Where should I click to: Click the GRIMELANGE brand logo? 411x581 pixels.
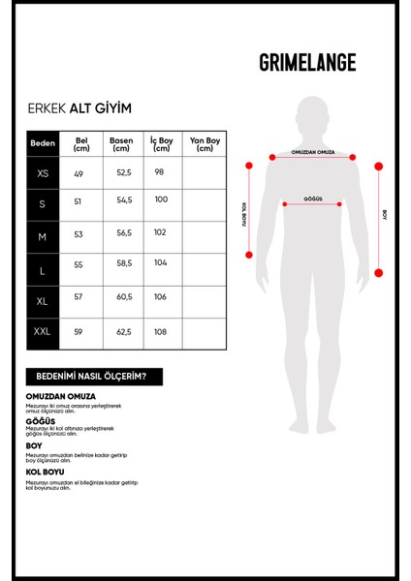tap(307, 63)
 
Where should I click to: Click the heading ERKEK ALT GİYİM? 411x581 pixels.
tap(79, 109)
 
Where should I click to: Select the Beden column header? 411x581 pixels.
tap(44, 143)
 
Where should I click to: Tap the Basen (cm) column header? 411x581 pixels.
tap(122, 143)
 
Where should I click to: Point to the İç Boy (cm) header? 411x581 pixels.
tap(161, 143)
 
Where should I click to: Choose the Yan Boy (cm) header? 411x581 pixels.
tap(204, 143)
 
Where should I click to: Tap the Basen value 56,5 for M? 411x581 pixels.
tap(123, 233)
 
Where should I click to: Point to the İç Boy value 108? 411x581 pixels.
tap(160, 332)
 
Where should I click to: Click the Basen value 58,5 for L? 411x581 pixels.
tap(123, 263)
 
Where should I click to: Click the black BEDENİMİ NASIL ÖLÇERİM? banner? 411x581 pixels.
tap(93, 377)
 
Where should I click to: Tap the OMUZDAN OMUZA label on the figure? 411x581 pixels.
tap(312, 153)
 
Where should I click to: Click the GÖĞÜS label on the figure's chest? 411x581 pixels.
tap(312, 198)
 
